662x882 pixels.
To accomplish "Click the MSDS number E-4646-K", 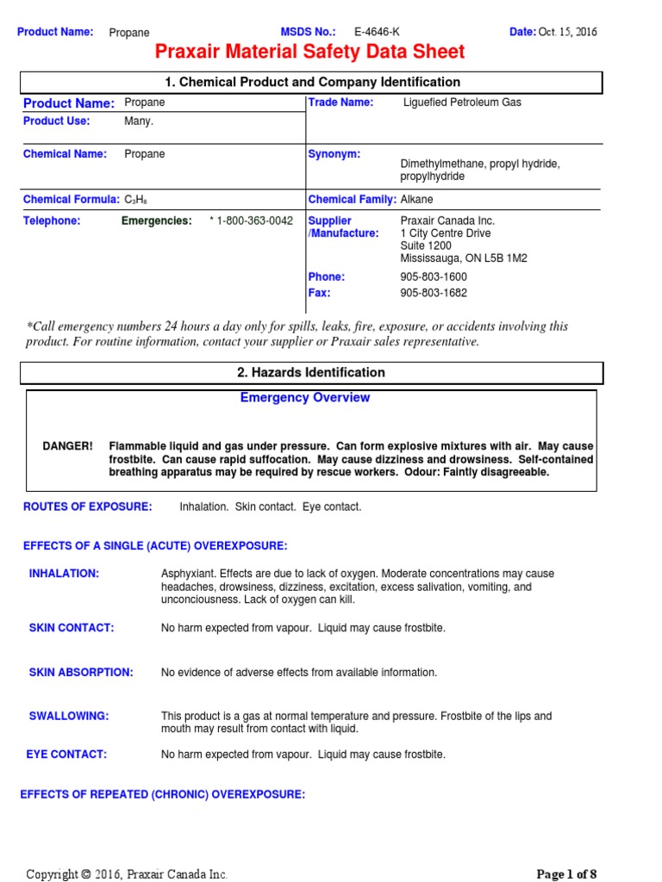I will point(377,32).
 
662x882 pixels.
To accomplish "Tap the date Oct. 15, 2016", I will point(567,32).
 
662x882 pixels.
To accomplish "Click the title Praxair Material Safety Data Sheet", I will point(309,53).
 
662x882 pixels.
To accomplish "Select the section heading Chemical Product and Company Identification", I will point(311,82).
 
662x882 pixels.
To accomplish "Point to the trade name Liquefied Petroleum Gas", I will point(462,102).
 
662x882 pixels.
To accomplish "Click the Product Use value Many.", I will point(139,121).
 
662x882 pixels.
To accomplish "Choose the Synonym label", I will point(334,154).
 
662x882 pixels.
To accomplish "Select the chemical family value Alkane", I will point(417,200).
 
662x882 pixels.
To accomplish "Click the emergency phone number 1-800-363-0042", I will point(254,221).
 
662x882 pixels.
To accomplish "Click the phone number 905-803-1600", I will point(434,277).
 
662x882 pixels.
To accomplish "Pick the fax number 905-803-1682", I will point(434,293).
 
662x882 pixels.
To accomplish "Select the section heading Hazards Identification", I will point(311,372).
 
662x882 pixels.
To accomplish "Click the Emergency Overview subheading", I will point(304,398).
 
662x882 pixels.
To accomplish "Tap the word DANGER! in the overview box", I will point(68,446).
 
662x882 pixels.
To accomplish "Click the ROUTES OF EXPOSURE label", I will point(87,506).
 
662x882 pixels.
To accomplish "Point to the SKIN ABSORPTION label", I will point(81,673).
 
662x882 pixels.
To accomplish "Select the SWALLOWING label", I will point(69,716).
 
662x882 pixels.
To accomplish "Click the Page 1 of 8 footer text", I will point(566,874).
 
